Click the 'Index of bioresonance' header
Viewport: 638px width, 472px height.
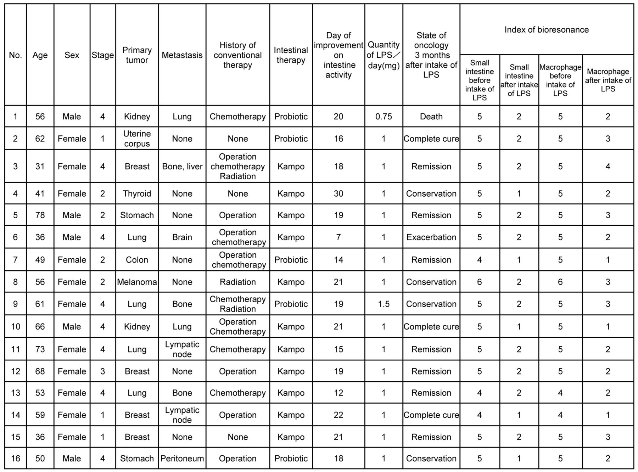click(546, 30)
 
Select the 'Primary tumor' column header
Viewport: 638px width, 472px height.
click(137, 55)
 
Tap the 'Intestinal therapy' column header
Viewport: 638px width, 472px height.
click(291, 55)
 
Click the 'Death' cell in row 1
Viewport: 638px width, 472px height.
click(431, 117)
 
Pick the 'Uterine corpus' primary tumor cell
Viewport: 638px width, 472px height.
click(137, 139)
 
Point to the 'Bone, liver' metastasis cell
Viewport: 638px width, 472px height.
click(182, 167)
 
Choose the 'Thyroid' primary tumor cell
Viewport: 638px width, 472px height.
click(137, 193)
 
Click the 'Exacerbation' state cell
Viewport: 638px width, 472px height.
click(431, 237)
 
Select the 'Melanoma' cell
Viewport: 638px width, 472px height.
click(137, 282)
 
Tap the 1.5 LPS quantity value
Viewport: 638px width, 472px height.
click(384, 304)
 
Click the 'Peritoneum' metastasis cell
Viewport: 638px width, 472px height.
click(182, 459)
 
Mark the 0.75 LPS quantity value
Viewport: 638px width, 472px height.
click(384, 117)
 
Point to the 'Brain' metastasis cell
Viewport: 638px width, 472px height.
click(182, 237)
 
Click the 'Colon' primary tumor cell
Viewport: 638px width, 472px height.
click(137, 260)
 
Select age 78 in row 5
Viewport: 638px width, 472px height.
click(40, 215)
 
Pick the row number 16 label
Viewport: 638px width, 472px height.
click(15, 459)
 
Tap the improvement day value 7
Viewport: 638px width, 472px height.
click(338, 237)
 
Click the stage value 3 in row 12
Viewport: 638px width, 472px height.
click(102, 371)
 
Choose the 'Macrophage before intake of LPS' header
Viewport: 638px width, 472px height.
click(560, 80)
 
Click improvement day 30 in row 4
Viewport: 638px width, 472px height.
click(338, 193)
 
